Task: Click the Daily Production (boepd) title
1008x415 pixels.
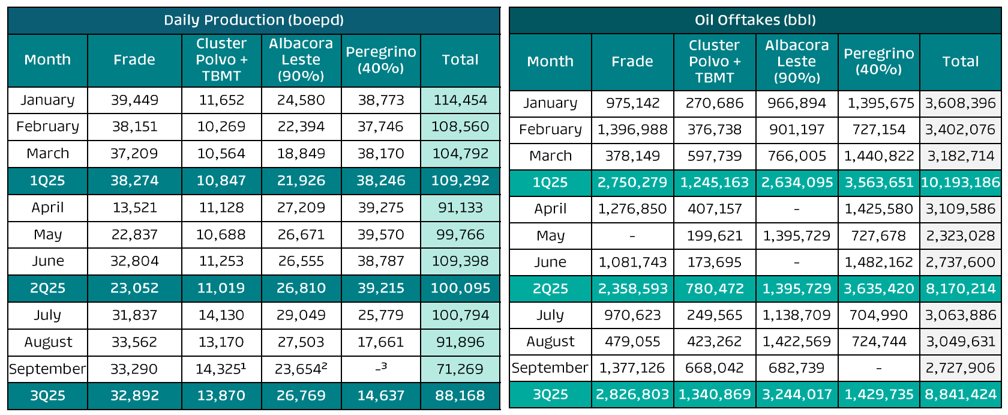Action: click(254, 20)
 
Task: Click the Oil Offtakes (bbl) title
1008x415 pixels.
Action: click(755, 20)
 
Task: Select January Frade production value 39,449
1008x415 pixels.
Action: click(134, 100)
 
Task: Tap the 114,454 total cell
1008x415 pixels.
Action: click(460, 100)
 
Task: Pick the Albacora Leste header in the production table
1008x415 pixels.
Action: click(301, 60)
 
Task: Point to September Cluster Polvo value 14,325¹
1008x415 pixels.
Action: click(221, 369)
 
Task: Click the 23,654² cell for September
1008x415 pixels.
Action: click(301, 369)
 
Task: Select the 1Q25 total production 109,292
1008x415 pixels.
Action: click(460, 181)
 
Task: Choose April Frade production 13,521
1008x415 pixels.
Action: click(134, 208)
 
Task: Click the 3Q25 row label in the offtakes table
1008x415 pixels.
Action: click(550, 395)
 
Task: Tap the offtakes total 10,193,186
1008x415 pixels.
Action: click(960, 183)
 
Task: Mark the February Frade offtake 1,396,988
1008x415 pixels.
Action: click(632, 130)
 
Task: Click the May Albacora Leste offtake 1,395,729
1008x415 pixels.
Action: click(796, 236)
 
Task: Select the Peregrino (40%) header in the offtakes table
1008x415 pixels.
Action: click(878, 61)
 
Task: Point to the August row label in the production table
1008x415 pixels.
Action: click(47, 342)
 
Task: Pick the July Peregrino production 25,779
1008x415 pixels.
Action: click(380, 315)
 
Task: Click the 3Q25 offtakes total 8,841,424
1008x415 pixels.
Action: click(960, 395)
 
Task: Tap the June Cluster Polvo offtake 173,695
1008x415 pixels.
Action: click(714, 262)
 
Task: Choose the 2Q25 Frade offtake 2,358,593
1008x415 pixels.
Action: click(632, 289)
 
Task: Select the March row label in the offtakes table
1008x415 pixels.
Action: click(550, 156)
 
